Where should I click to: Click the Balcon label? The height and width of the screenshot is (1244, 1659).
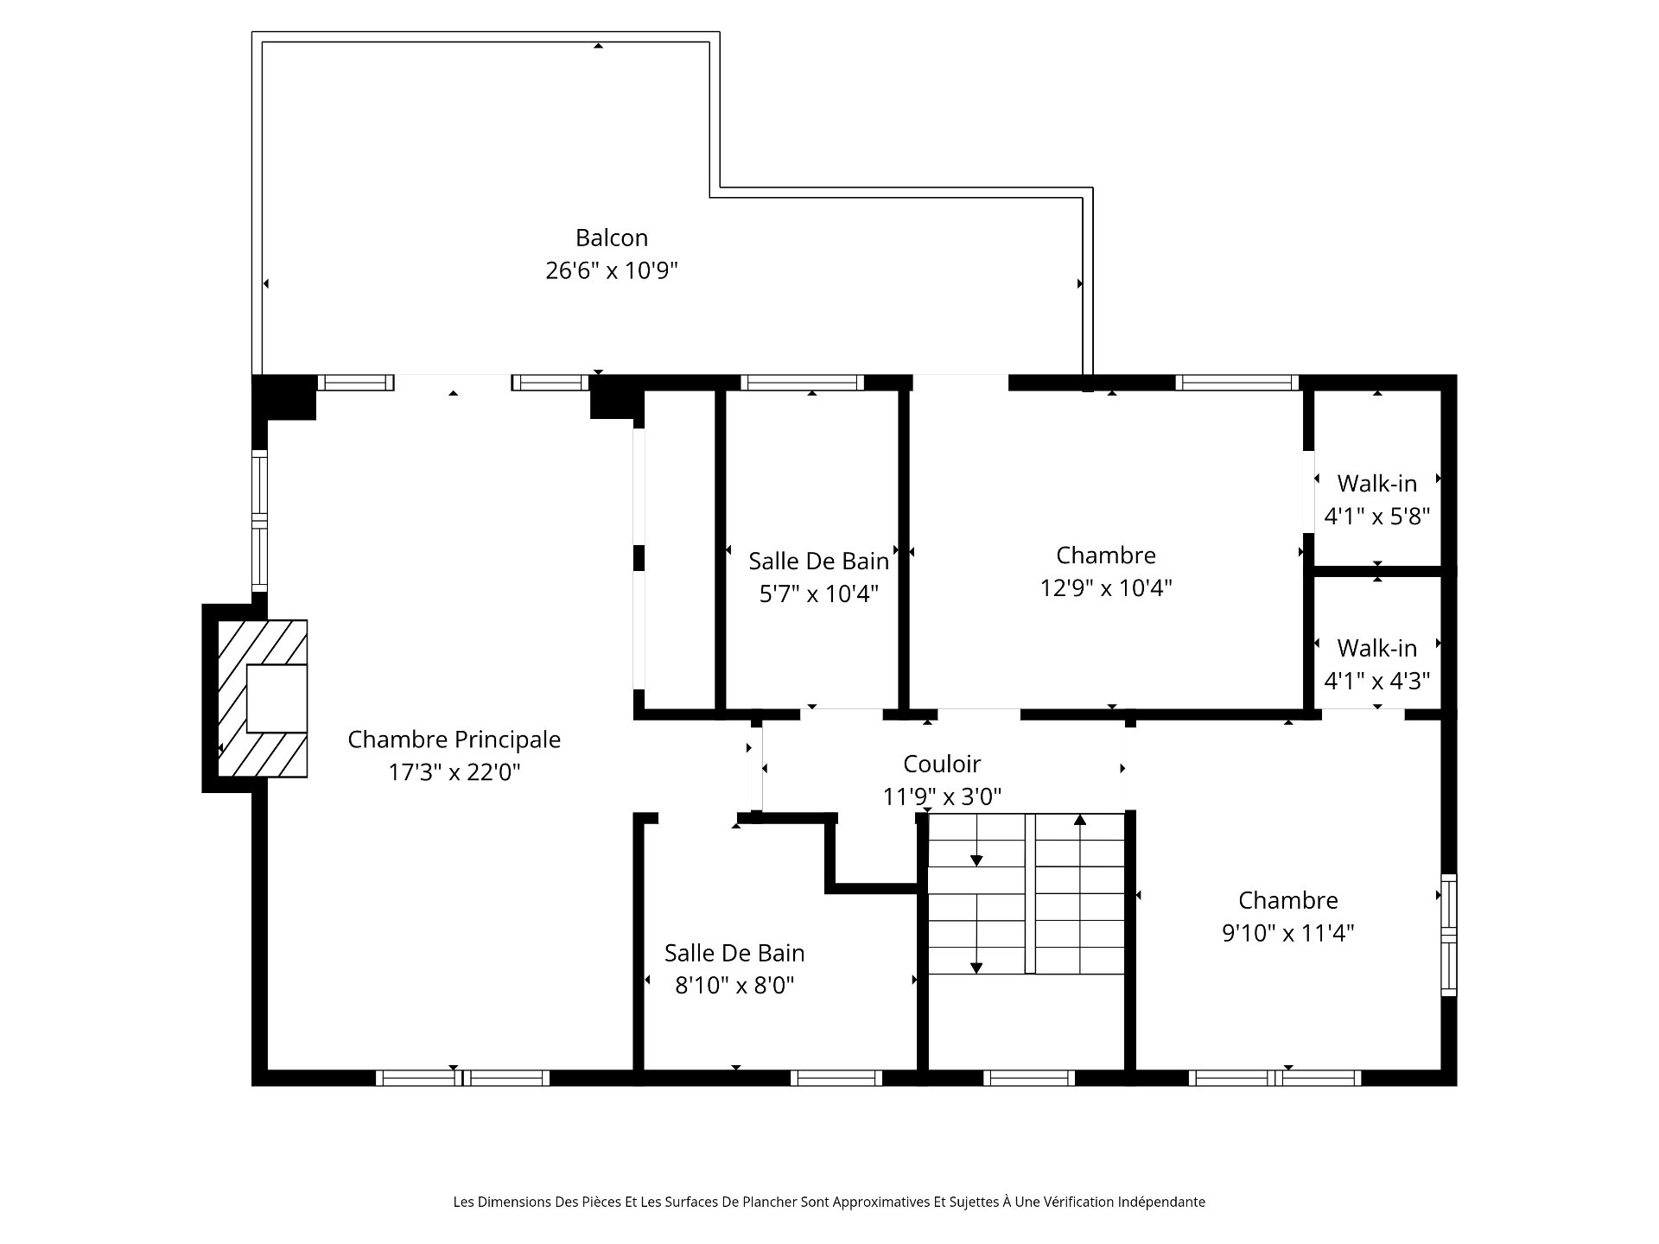(612, 238)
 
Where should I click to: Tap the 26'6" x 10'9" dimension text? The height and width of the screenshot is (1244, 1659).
(612, 270)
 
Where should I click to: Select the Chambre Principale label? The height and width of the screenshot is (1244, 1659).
(454, 739)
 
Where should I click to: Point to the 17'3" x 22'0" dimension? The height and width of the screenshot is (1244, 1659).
(454, 771)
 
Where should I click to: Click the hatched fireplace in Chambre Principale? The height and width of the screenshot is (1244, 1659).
(262, 698)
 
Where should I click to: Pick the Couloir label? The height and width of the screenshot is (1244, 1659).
(942, 764)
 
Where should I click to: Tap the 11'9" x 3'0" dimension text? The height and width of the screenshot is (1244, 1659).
(942, 796)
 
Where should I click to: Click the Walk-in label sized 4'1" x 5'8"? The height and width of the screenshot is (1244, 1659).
(1377, 484)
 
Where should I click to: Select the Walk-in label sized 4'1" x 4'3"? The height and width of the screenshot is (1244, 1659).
(1377, 648)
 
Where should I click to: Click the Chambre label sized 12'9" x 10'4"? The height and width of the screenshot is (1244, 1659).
(1106, 555)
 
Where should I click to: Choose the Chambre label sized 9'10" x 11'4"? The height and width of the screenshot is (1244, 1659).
(1288, 900)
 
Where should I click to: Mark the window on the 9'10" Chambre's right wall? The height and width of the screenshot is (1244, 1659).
(1449, 935)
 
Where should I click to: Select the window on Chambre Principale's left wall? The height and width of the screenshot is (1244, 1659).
(259, 520)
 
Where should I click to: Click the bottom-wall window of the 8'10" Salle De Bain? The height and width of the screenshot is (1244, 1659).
(836, 1078)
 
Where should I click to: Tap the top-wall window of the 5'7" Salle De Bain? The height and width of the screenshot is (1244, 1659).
(803, 383)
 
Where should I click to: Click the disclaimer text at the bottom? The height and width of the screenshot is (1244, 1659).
(829, 1202)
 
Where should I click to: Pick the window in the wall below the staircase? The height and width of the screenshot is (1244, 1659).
(1029, 1078)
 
